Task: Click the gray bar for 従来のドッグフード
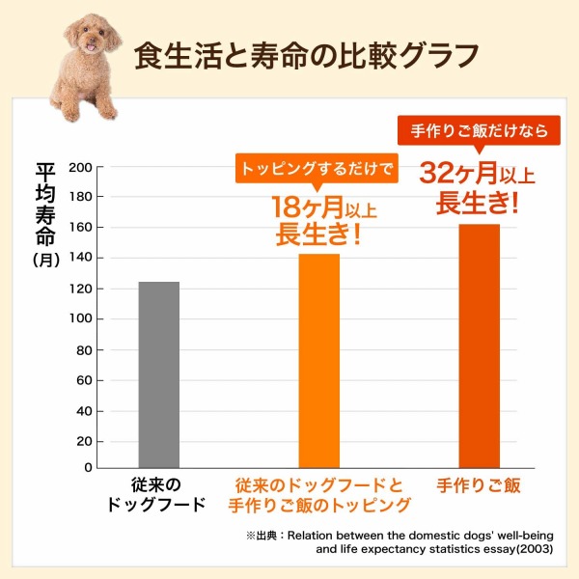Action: coord(158,374)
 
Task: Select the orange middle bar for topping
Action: coord(318,361)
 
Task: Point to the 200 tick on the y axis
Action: coord(81,167)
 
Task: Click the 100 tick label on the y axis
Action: coord(81,318)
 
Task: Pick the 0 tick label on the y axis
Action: coord(88,468)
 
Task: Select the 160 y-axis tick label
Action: coord(81,228)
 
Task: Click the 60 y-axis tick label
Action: coord(85,379)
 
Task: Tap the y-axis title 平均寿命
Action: coord(45,204)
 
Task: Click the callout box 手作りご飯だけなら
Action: coord(479,130)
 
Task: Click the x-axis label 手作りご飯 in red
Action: coord(479,485)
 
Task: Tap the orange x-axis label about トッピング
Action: coord(318,494)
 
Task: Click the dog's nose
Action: coord(90,44)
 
